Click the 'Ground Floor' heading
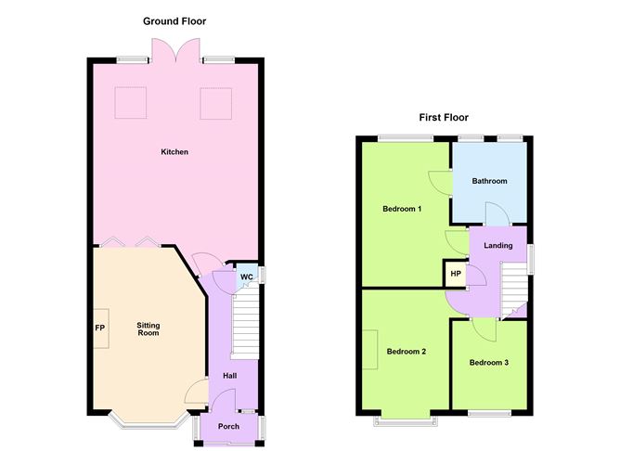pyautogui.click(x=174, y=20)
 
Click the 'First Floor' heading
pyautogui.click(x=443, y=118)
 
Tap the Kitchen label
pyautogui.click(x=174, y=151)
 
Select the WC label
pyautogui.click(x=247, y=277)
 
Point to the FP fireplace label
pyautogui.click(x=99, y=329)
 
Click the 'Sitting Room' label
pyautogui.click(x=149, y=329)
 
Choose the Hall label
pyautogui.click(x=228, y=376)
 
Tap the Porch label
pyautogui.click(x=228, y=427)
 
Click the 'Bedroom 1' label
pyautogui.click(x=403, y=209)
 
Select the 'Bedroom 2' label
pyautogui.click(x=406, y=352)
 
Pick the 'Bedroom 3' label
pyautogui.click(x=488, y=362)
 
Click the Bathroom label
pyautogui.click(x=489, y=181)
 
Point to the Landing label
pyautogui.click(x=498, y=245)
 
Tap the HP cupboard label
pyautogui.click(x=456, y=275)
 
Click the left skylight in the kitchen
pyautogui.click(x=129, y=103)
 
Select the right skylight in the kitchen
pyautogui.click(x=214, y=103)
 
